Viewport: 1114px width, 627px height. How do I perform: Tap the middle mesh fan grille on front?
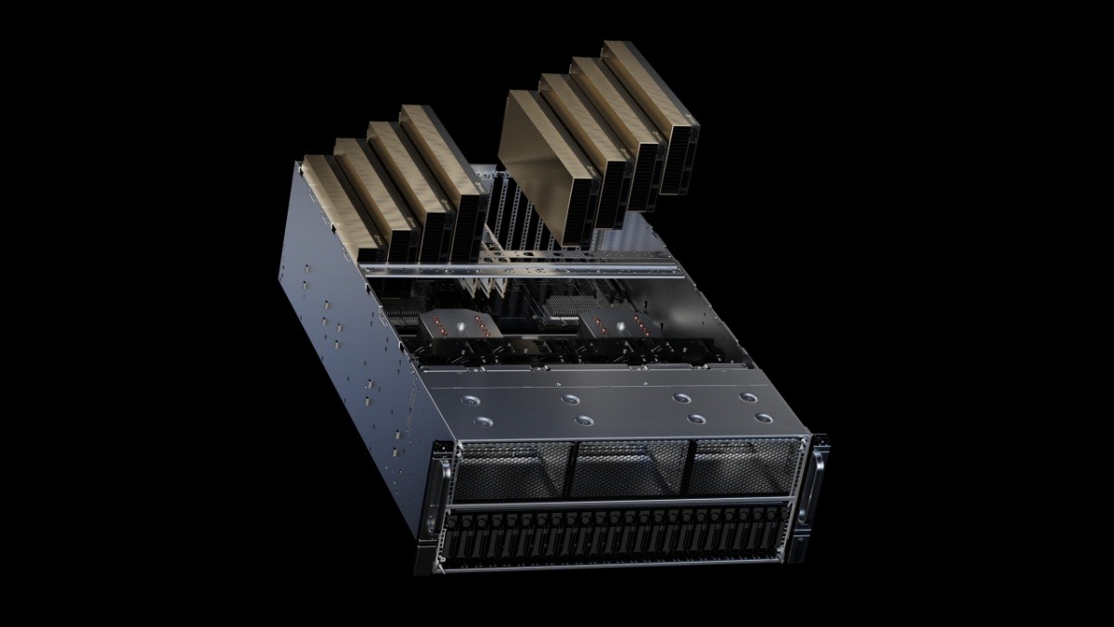pyautogui.click(x=629, y=468)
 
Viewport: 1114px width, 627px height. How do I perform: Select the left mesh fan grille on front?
pyautogui.click(x=513, y=470)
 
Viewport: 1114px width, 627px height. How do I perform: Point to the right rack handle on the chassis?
pyautogui.click(x=818, y=483)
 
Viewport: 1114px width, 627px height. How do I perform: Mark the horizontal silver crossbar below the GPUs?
pyautogui.click(x=520, y=270)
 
